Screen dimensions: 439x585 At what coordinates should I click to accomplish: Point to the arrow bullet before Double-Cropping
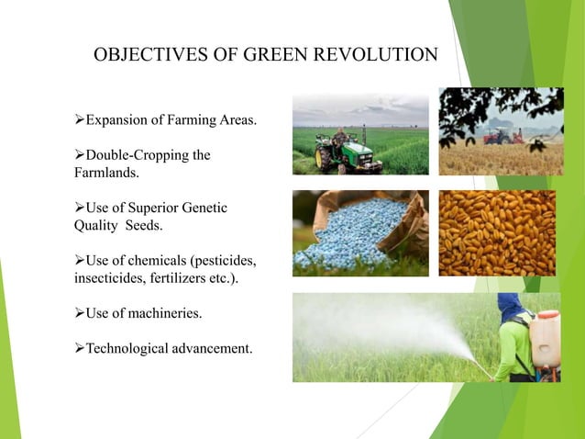coord(79,155)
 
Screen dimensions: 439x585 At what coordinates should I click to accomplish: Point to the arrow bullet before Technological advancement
coord(79,350)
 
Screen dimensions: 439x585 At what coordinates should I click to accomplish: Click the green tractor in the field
coord(339,151)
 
